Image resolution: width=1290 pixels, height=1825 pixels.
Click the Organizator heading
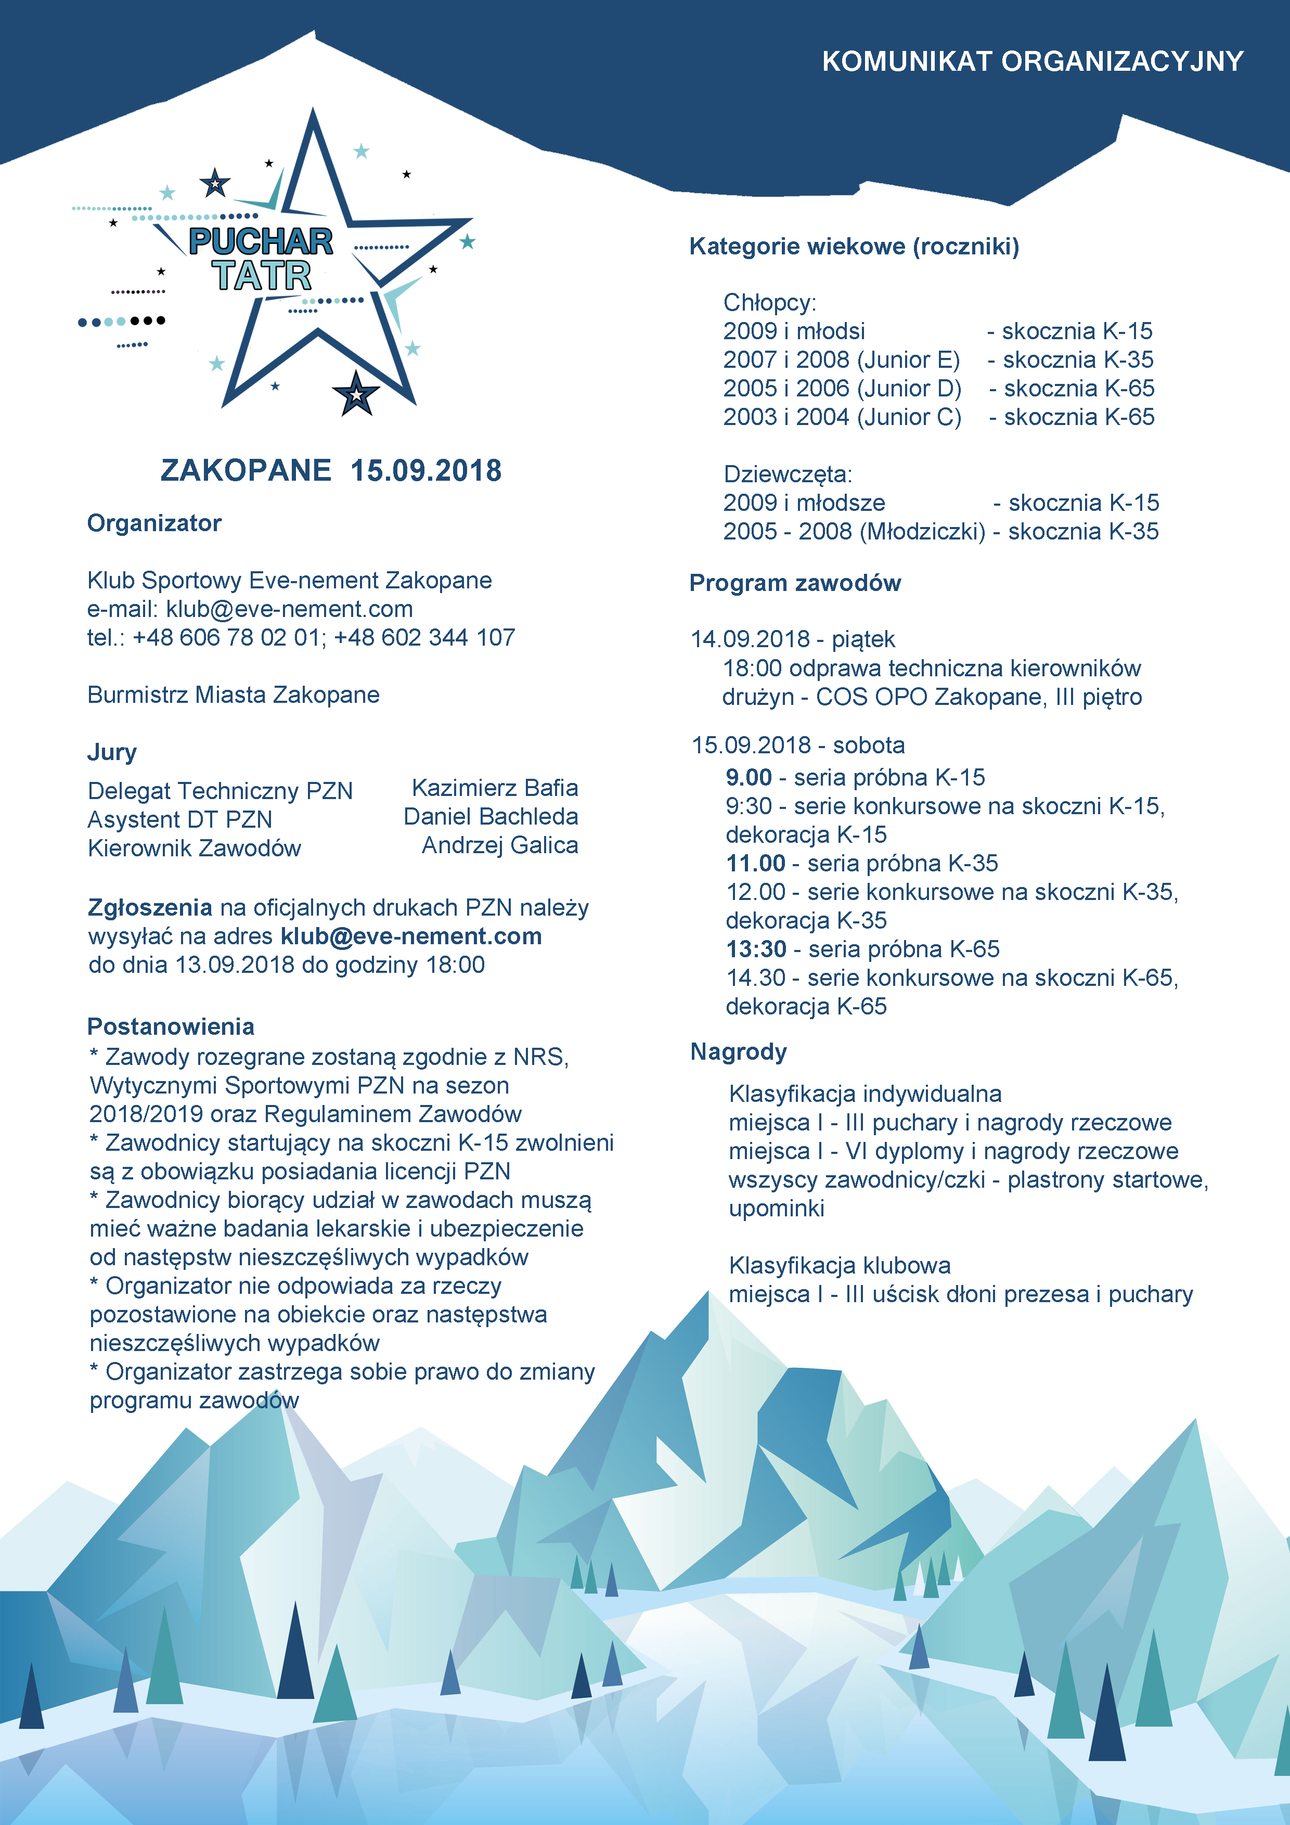click(154, 523)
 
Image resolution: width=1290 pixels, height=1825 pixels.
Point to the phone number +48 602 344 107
click(424, 637)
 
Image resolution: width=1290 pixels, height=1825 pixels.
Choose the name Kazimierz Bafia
click(494, 788)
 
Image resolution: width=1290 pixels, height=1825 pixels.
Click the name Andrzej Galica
click(499, 845)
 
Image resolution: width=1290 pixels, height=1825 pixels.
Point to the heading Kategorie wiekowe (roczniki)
click(854, 247)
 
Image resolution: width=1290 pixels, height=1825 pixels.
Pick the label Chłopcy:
click(769, 303)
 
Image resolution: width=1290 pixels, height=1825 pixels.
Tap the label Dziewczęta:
click(787, 474)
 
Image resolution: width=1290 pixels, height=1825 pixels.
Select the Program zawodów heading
click(795, 583)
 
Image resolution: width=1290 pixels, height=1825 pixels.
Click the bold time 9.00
click(749, 777)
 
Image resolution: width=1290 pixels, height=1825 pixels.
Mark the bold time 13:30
click(756, 949)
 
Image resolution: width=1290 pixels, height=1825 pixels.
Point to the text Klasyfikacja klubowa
click(840, 1265)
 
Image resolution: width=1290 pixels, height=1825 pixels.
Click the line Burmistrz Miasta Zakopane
click(234, 695)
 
